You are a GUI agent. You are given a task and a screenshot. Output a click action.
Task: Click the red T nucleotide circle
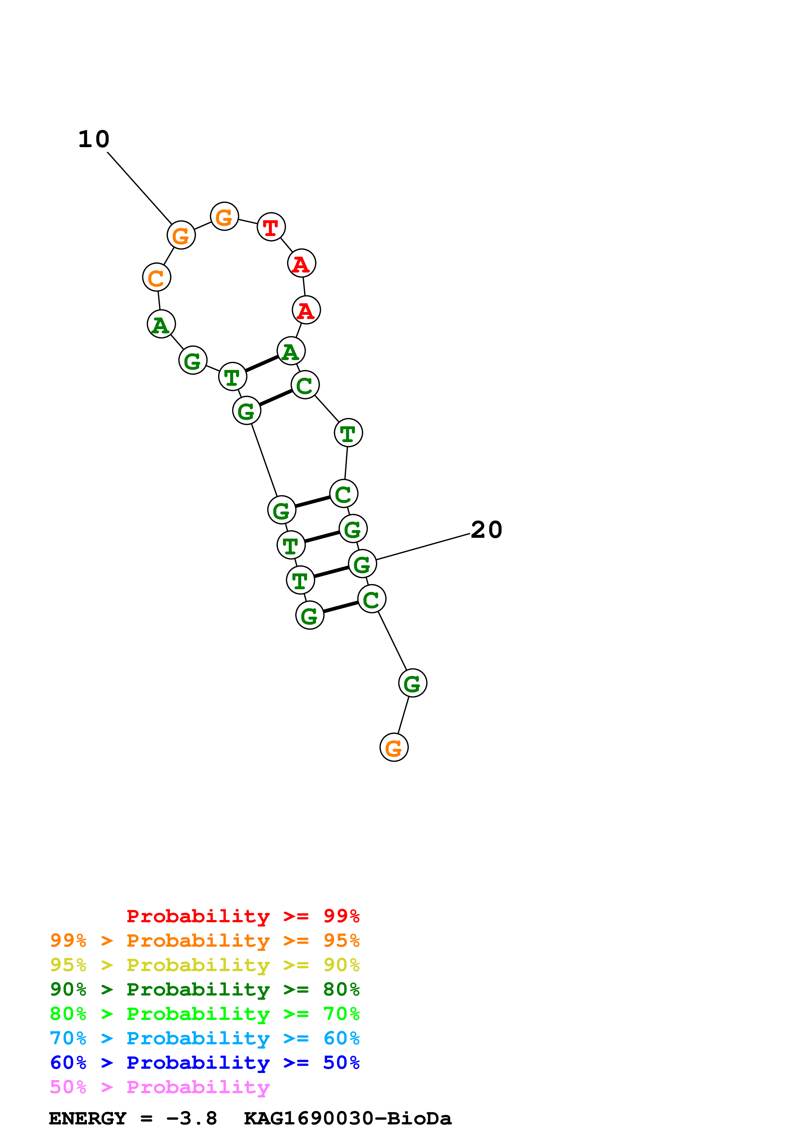(x=271, y=227)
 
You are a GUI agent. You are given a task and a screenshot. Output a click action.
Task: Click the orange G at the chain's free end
(x=394, y=747)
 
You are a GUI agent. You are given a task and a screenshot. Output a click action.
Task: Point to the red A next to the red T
(x=302, y=263)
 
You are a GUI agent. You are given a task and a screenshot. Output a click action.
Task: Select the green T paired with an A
(x=233, y=377)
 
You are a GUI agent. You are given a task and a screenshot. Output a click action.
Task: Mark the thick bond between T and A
(x=261, y=364)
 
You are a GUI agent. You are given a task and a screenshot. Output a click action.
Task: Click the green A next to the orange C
(x=161, y=324)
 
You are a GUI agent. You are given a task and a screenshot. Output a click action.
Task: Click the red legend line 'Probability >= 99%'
(x=243, y=916)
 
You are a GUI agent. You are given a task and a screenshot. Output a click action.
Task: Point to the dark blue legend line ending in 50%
(x=205, y=1063)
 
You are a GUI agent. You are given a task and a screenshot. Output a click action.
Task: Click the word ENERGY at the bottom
(x=88, y=1118)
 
